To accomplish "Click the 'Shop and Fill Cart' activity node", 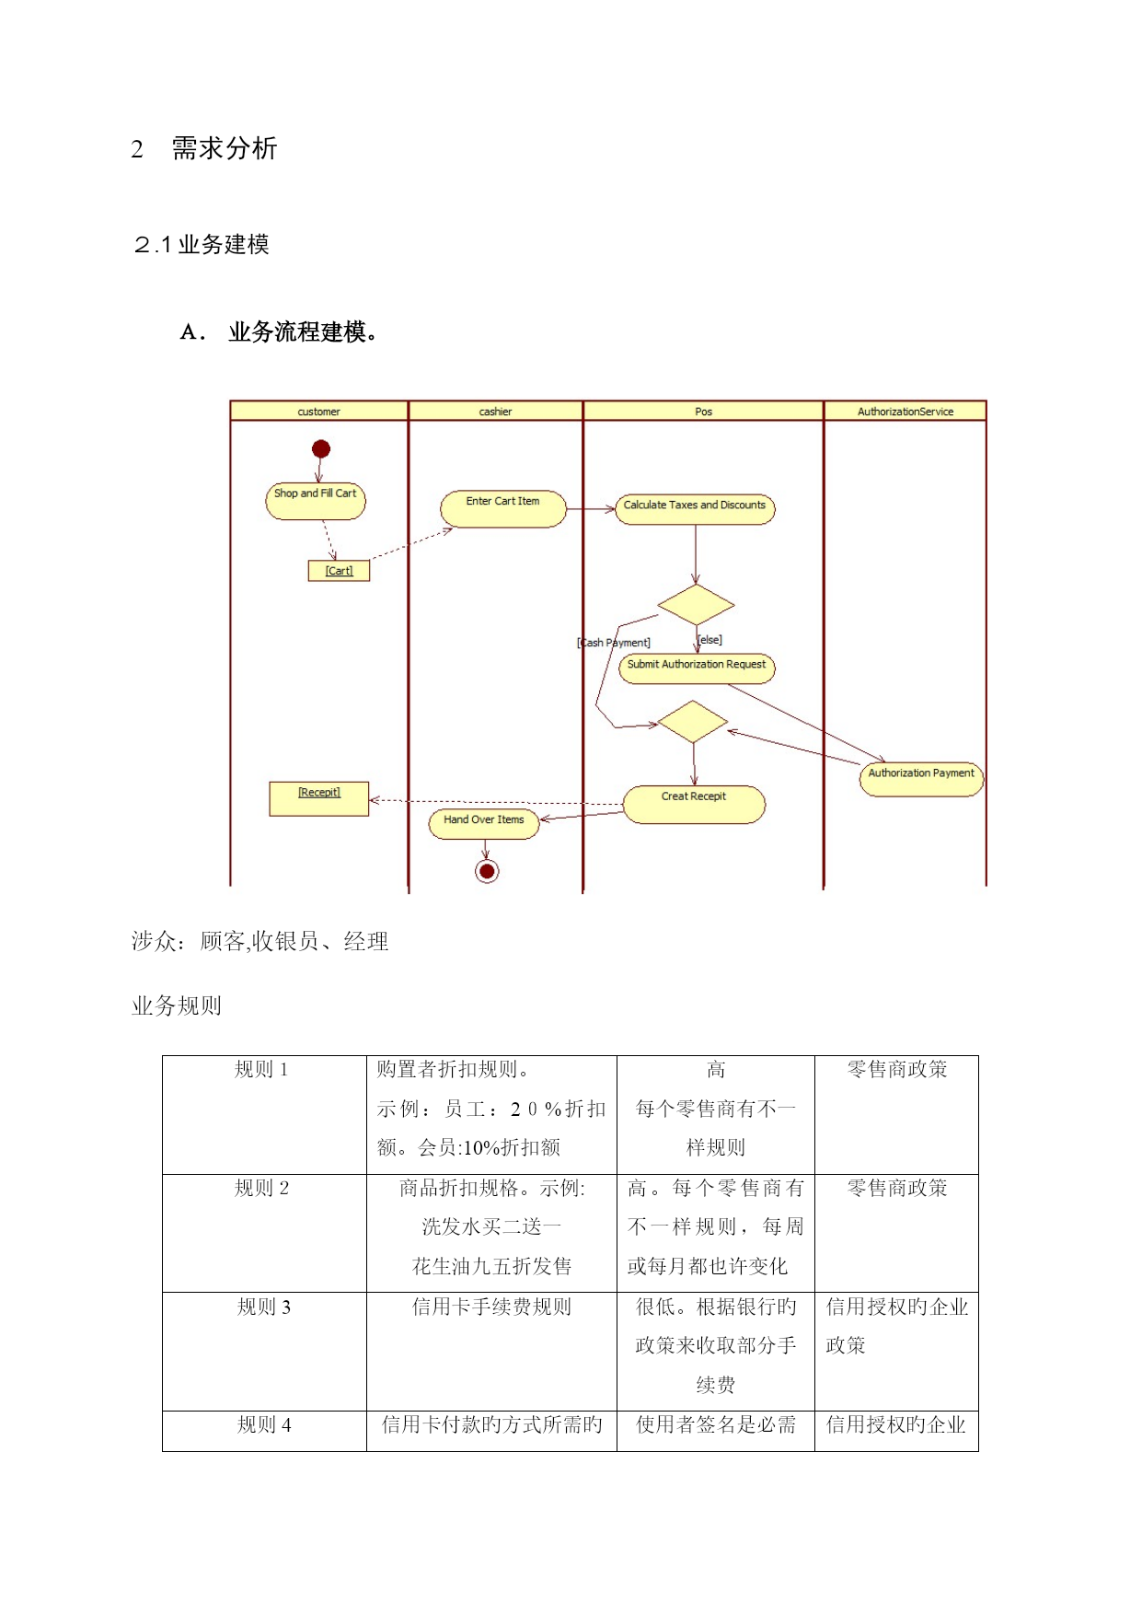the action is point(316,501).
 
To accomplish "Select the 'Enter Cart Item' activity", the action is point(503,508).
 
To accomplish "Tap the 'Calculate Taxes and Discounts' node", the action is point(695,509).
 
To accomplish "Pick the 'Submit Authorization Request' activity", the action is point(697,668).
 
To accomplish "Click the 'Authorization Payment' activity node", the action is point(921,779).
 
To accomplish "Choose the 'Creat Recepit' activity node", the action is point(694,804).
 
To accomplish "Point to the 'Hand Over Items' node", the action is point(484,823).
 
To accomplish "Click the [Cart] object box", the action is point(339,571).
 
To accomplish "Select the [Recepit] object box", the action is point(318,798).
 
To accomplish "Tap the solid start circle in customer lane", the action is point(321,448).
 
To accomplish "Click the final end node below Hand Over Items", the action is point(487,871).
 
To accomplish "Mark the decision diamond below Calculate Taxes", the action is point(696,605).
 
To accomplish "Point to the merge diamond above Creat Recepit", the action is point(693,722).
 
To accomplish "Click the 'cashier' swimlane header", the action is point(495,411).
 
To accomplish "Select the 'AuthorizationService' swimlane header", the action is point(906,411).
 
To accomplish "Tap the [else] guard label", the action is point(709,640).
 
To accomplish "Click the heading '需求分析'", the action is point(224,148).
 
